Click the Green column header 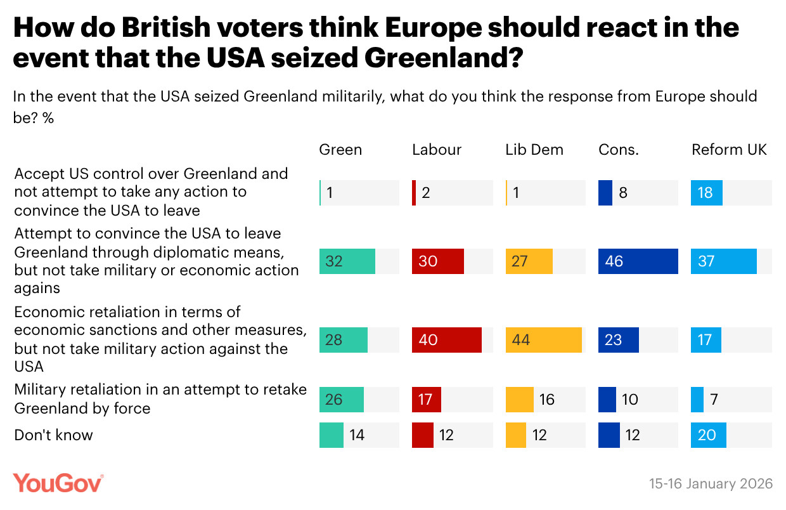[x=340, y=150]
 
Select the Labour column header [x=437, y=150]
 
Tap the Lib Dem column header [x=534, y=150]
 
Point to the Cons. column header [x=617, y=150]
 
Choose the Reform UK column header [x=729, y=150]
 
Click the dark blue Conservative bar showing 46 [x=638, y=261]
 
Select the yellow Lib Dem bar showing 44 [x=543, y=340]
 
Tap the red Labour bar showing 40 [x=446, y=340]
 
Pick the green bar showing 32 [x=347, y=261]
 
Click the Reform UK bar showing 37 [x=724, y=261]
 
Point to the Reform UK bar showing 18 [x=706, y=193]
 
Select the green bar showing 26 [x=341, y=400]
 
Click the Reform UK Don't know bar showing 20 [x=708, y=435]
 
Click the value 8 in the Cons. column [x=623, y=193]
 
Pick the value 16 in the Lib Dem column [x=547, y=400]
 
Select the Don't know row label [x=53, y=435]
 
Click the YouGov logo [x=58, y=483]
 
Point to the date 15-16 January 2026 [x=711, y=484]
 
